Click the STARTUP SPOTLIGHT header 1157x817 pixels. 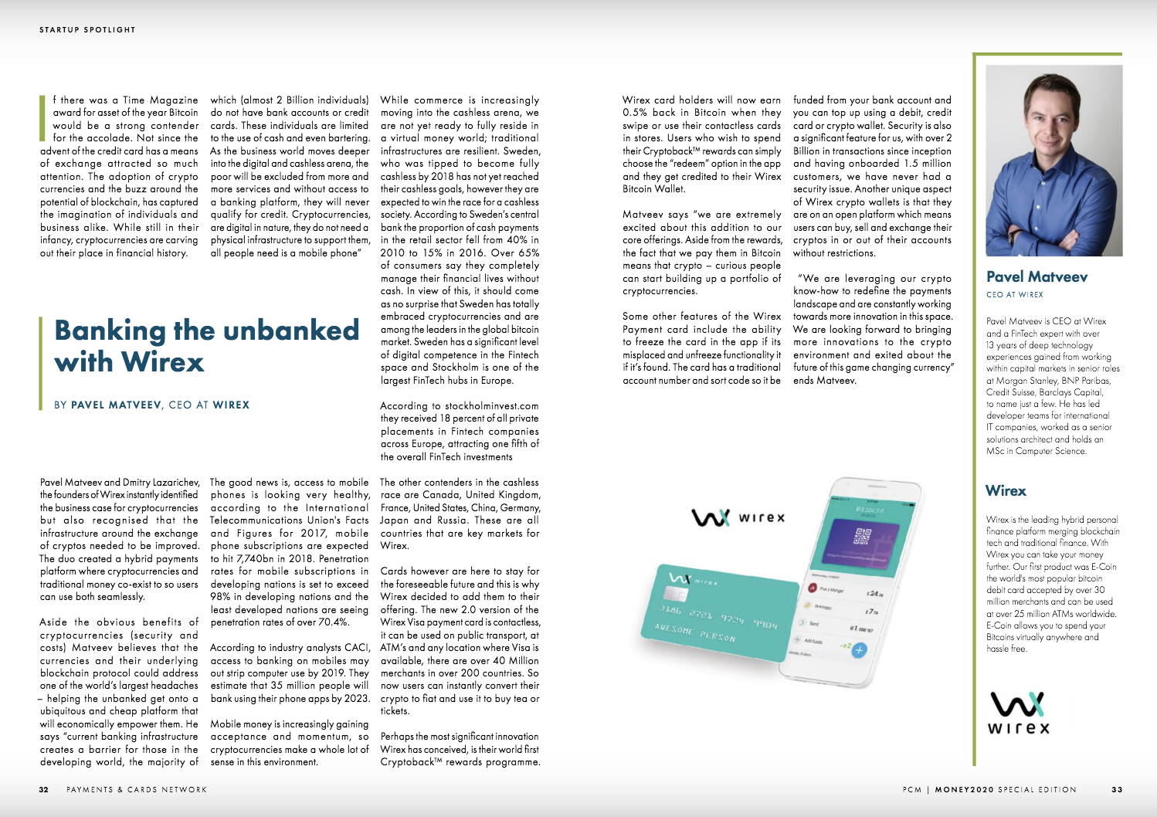87,30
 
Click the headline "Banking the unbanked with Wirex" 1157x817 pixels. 206,346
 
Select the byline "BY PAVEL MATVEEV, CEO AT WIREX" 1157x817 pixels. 152,405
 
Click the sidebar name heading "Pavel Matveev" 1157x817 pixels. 1037,276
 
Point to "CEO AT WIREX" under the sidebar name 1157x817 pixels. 1014,295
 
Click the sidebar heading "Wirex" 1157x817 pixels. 1006,490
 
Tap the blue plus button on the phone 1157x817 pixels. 859,650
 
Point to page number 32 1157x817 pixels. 44,790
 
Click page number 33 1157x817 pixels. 1117,790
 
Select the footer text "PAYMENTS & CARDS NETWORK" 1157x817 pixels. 137,790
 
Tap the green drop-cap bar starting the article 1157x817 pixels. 42,118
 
